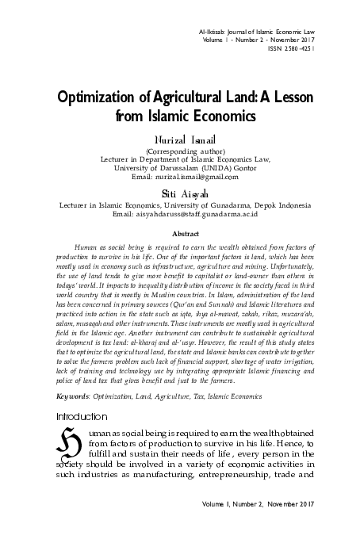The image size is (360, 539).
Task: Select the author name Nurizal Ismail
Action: click(x=181, y=140)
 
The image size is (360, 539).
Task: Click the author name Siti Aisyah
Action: click(x=181, y=193)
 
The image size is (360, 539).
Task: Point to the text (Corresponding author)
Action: click(x=181, y=151)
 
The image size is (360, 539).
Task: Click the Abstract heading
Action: click(x=180, y=234)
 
